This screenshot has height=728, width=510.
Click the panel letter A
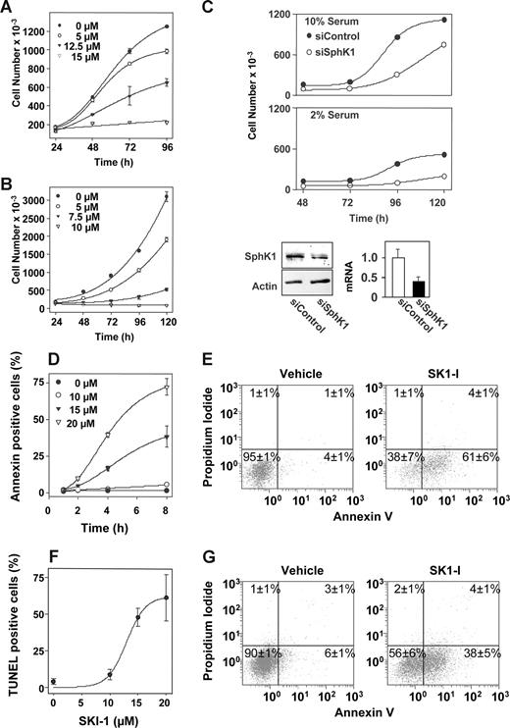coord(9,9)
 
